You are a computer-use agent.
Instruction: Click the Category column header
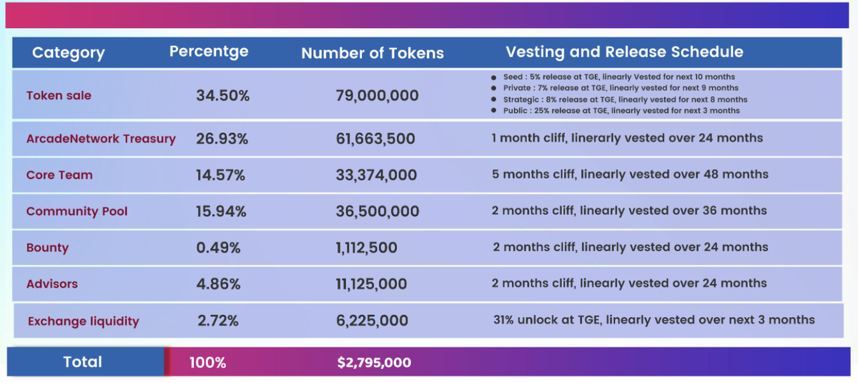tap(68, 53)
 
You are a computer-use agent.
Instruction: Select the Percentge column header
tap(209, 52)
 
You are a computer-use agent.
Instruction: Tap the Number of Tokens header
tap(372, 53)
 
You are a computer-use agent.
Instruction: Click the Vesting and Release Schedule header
tap(624, 52)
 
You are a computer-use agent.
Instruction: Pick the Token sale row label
tap(59, 95)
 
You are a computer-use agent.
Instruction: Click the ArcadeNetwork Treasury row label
tap(101, 139)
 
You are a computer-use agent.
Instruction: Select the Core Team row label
tap(59, 175)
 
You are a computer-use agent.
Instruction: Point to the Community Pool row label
tap(77, 211)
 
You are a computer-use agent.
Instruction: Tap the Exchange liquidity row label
tap(83, 321)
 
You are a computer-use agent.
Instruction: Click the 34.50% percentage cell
tap(222, 95)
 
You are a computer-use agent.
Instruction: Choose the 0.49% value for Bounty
tap(218, 248)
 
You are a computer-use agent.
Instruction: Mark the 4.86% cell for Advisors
tap(218, 284)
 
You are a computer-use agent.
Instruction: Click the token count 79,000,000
tap(377, 95)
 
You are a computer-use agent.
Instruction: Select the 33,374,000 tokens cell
tap(377, 175)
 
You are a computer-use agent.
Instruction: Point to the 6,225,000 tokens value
tap(372, 321)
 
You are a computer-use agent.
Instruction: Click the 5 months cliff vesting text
tap(630, 174)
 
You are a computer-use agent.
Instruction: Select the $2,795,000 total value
tap(374, 363)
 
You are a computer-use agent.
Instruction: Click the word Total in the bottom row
tap(82, 362)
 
